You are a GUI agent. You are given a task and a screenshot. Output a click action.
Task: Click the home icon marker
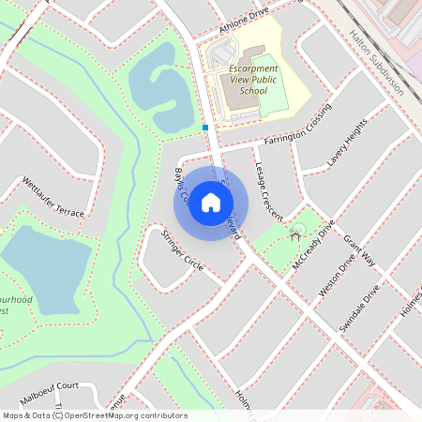[x=211, y=203]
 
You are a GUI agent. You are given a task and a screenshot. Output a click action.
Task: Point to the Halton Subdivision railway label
[x=375, y=62]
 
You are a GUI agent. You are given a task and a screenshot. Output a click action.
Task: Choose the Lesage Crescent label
[x=268, y=189]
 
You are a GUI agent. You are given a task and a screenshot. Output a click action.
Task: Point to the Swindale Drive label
[x=362, y=306]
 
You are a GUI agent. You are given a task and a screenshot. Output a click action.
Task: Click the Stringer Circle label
[x=182, y=250]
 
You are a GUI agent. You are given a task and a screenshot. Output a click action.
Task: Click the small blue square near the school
[x=204, y=127]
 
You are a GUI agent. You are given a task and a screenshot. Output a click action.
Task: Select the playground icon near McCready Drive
[x=297, y=230]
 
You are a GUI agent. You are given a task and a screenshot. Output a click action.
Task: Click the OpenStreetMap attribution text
[x=94, y=414]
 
